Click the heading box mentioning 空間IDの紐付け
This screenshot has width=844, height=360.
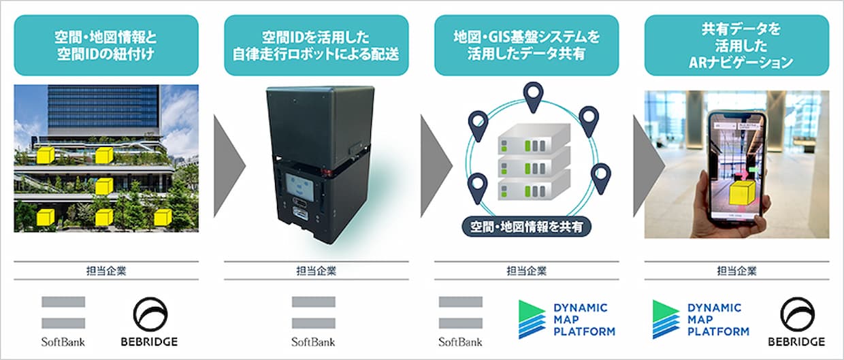pyautogui.click(x=106, y=45)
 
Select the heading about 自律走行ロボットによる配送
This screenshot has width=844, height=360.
pyautogui.click(x=316, y=45)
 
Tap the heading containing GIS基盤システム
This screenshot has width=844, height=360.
pyautogui.click(x=526, y=45)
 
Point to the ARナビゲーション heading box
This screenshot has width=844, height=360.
pyautogui.click(x=736, y=45)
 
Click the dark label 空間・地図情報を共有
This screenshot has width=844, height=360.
pyautogui.click(x=526, y=227)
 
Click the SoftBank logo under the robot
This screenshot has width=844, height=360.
pyautogui.click(x=314, y=322)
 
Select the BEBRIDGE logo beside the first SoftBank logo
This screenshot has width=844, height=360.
pyautogui.click(x=149, y=322)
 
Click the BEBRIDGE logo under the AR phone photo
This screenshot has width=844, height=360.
pyautogui.click(x=796, y=322)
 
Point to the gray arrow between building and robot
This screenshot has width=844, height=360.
pyautogui.click(x=229, y=166)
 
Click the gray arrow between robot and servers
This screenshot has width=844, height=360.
pyautogui.click(x=436, y=166)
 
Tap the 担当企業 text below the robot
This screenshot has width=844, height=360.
pyautogui.click(x=316, y=271)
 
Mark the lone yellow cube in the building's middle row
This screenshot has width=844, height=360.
pyautogui.click(x=104, y=186)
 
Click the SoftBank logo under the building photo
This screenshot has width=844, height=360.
pyautogui.click(x=63, y=322)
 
